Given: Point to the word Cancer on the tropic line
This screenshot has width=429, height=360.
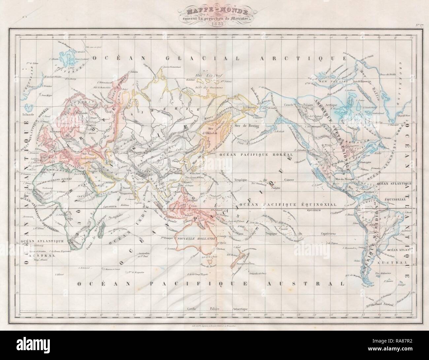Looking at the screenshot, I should (290, 180).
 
